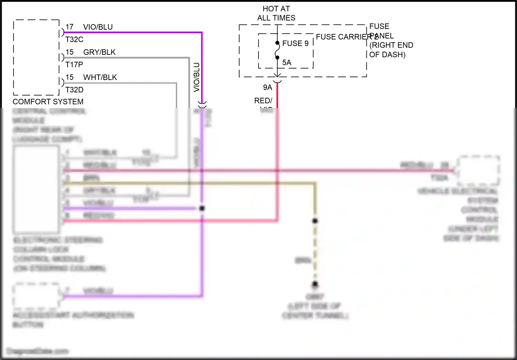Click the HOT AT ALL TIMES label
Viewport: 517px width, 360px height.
276,13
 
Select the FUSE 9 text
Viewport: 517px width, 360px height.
295,43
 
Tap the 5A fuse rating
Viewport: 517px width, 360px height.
287,62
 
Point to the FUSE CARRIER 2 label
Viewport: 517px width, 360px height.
346,37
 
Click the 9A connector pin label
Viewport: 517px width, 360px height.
267,88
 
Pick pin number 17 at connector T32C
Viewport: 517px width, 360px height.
70,27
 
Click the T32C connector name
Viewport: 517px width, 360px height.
74,39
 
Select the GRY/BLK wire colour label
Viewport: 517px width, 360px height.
99,52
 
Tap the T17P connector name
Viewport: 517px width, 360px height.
74,64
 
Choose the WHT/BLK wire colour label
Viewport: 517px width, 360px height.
100,77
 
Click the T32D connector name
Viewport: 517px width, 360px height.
74,90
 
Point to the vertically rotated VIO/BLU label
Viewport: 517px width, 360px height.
196,77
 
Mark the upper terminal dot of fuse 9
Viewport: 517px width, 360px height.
277,43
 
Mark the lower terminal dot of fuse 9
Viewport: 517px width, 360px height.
277,58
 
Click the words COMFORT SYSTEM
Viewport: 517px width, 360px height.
48,102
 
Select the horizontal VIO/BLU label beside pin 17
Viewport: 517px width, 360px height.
98,27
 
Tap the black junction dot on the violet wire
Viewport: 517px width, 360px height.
202,208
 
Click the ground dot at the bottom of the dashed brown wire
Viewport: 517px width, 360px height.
315,284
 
